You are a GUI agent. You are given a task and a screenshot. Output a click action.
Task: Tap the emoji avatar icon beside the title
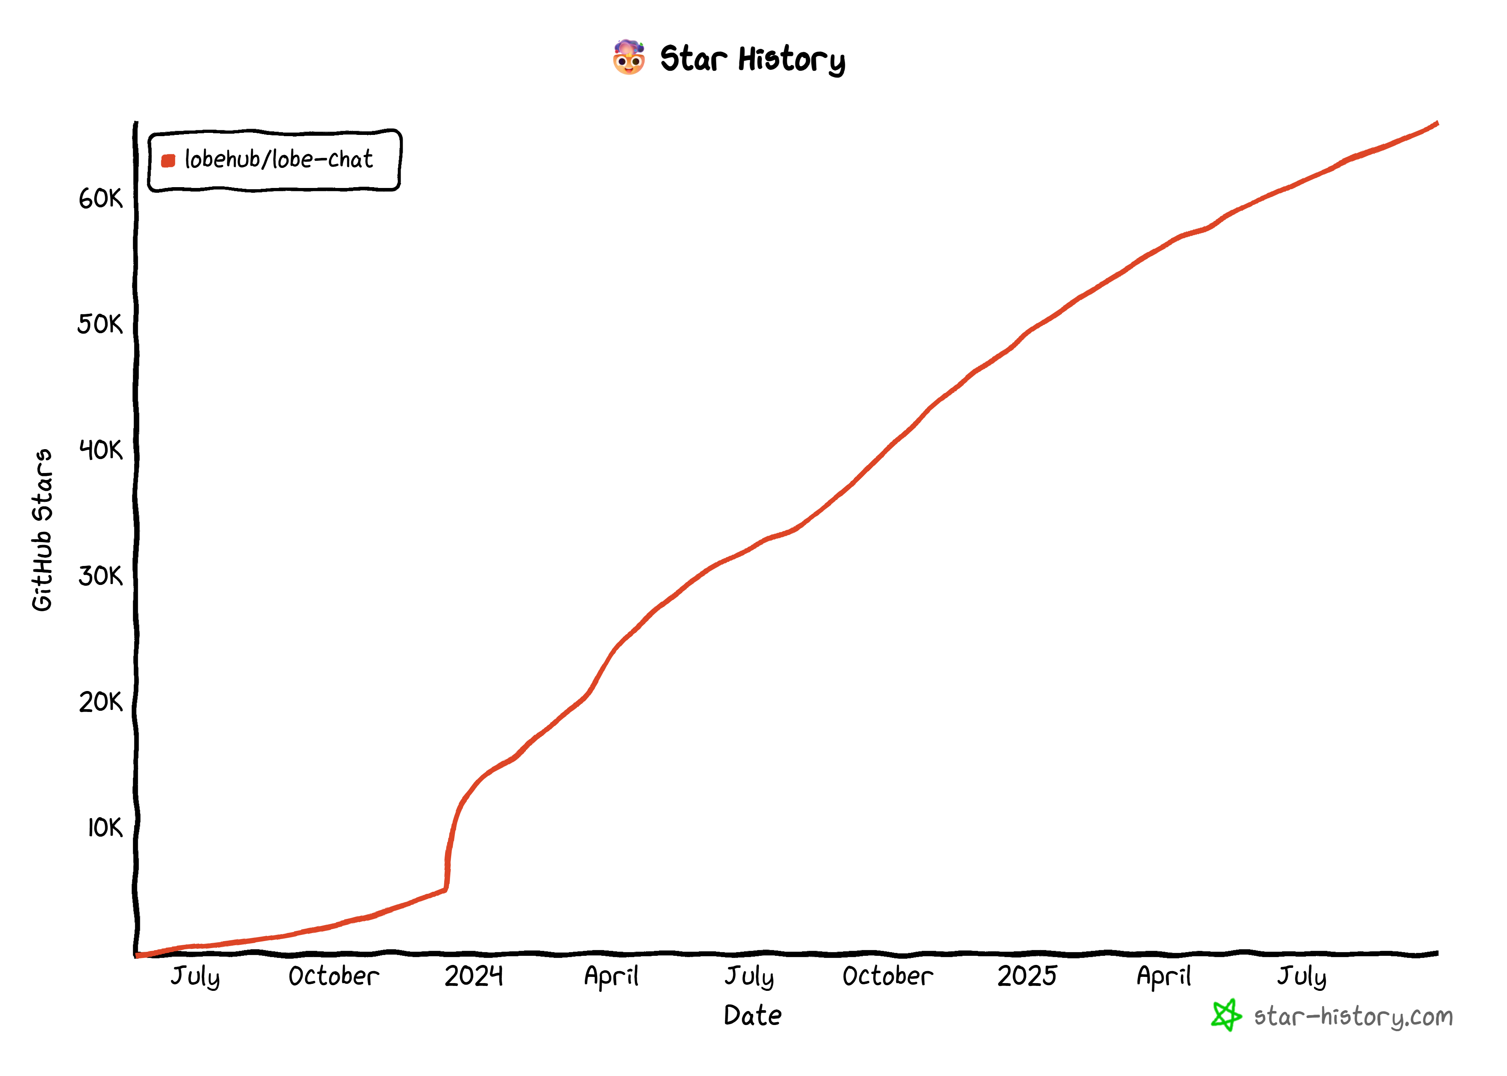point(628,58)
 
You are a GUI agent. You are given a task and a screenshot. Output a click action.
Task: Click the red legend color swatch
point(168,160)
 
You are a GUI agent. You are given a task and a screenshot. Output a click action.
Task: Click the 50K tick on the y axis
point(100,325)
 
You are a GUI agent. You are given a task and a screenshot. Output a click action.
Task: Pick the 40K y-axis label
point(101,450)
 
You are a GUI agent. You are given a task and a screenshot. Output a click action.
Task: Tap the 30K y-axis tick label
point(101,576)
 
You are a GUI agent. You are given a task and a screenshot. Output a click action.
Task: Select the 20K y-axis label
point(101,702)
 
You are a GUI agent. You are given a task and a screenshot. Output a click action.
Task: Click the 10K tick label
point(104,828)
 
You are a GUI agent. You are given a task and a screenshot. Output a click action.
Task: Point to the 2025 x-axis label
point(1027,976)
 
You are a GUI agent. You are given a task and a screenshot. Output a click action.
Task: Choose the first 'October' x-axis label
point(334,976)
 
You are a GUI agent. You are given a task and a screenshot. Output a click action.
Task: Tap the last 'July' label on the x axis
point(1302,976)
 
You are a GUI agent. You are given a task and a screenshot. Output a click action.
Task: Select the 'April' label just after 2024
point(611,976)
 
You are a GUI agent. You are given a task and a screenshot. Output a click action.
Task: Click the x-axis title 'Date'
point(753,1016)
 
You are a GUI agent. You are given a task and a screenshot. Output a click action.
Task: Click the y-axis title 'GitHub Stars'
point(42,530)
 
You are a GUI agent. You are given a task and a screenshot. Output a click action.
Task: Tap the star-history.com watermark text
point(1353,1016)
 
